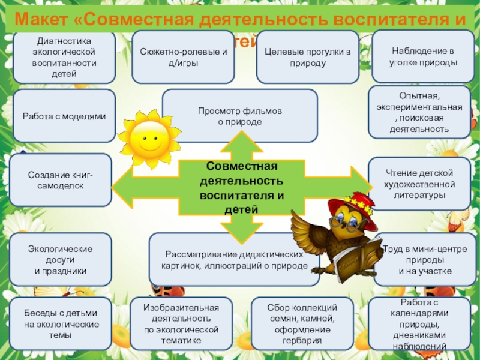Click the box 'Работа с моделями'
[64, 116]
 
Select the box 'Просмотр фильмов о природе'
[240, 116]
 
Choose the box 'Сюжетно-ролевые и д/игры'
[183, 57]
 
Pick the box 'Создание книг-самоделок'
[61, 181]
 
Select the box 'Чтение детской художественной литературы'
[419, 184]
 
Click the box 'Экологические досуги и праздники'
[61, 259]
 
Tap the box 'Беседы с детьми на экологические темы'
[61, 324]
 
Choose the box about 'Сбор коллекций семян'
[302, 324]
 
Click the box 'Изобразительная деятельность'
[181, 324]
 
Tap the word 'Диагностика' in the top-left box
[63, 42]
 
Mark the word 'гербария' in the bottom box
[302, 341]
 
